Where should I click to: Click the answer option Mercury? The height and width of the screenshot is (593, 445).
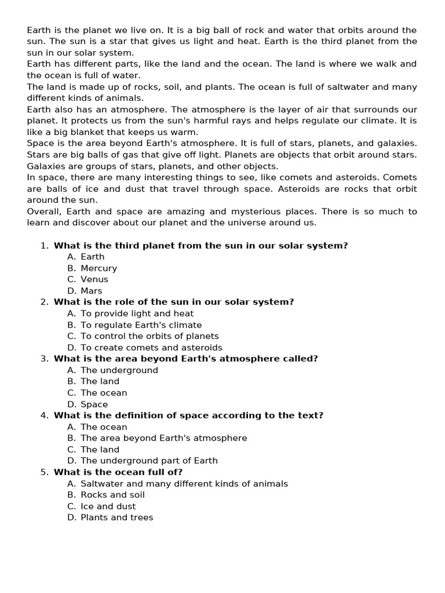tap(99, 268)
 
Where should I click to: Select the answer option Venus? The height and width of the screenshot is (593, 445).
tap(94, 279)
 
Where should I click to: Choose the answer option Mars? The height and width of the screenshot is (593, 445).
tap(92, 291)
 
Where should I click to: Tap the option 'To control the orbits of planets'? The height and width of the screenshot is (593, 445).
tap(149, 336)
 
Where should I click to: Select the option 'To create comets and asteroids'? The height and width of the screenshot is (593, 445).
tap(151, 347)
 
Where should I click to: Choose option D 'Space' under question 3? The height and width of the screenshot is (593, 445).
tap(94, 404)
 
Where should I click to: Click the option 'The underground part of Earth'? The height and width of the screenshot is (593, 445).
tap(149, 461)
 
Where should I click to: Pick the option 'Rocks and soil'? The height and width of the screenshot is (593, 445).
tap(112, 495)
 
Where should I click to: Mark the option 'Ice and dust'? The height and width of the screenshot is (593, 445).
tap(108, 506)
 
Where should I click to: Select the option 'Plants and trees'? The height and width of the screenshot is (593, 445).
tap(116, 518)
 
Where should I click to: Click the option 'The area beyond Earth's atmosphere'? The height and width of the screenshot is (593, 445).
tap(163, 438)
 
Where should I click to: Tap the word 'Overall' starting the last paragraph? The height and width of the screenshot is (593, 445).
tap(44, 211)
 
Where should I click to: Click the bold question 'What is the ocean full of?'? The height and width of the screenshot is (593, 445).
tap(118, 472)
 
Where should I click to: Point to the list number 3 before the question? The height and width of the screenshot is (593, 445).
tap(44, 358)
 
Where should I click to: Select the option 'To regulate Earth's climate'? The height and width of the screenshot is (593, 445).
tap(141, 325)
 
